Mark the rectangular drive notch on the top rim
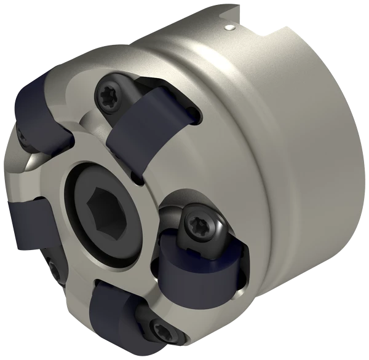click(x=270, y=31)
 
